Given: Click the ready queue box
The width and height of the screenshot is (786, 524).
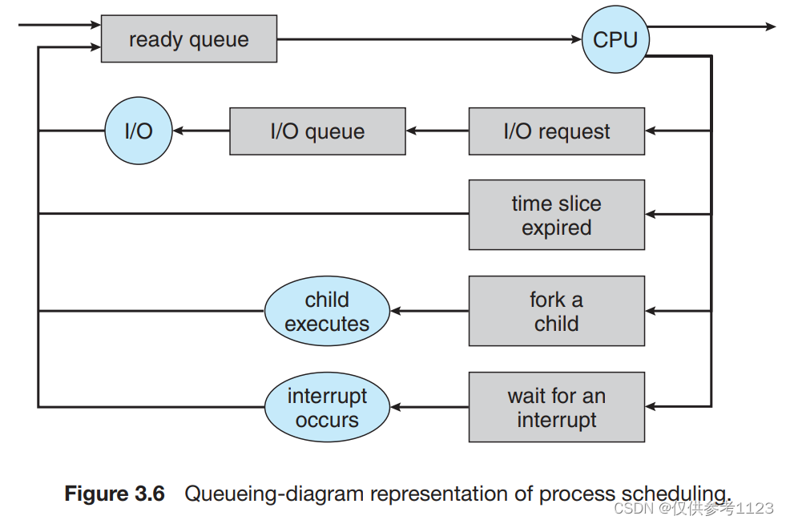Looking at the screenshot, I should coord(188,39).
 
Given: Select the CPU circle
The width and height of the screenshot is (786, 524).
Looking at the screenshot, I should coord(615,39).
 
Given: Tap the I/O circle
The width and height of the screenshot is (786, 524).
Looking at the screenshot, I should coord(139,131).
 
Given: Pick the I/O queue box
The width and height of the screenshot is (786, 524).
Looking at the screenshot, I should coord(317,131).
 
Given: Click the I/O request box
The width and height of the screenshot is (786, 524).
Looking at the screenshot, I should coord(556,131).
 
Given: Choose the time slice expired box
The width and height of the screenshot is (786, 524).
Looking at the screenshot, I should coord(556,215).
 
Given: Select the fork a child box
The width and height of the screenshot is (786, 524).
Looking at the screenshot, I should coord(556,311).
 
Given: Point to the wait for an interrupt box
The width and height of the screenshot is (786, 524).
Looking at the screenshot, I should coord(556,407).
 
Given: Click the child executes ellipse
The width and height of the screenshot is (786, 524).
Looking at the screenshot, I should coord(327,311).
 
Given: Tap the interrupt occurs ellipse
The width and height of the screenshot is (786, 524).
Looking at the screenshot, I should coord(327,407).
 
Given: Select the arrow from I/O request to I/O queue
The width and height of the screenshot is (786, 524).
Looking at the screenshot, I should coord(437,131).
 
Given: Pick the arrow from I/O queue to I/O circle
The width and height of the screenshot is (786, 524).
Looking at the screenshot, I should coord(201,131).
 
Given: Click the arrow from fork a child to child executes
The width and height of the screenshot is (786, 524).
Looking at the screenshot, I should coord(429,311).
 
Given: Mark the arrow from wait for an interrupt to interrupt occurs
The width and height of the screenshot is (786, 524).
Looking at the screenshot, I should coord(429,407).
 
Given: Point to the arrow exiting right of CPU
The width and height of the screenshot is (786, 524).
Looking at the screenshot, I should coord(713,27).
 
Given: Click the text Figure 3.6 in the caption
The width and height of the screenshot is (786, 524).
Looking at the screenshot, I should coord(114,493).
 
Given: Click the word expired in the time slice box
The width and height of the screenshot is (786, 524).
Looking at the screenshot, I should coord(556,228).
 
